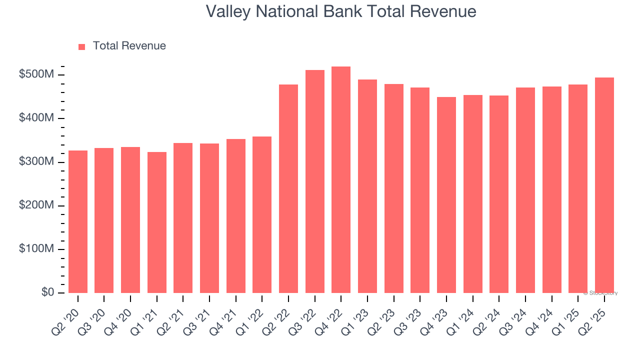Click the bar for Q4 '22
(341, 180)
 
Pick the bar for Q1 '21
(157, 222)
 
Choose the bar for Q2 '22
(288, 188)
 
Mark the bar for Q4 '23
(446, 195)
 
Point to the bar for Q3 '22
(315, 181)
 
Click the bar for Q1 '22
(262, 214)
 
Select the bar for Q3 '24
(525, 190)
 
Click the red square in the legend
(82, 46)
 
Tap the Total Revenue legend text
(129, 46)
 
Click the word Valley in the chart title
(228, 11)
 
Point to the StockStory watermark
(600, 293)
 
